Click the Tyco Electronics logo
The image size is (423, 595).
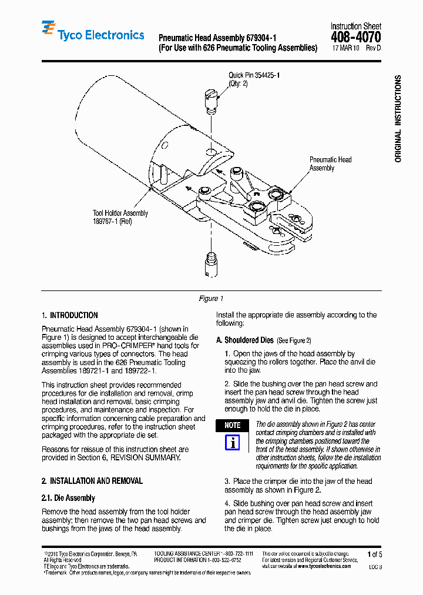(x=93, y=34)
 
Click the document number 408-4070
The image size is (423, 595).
(x=356, y=38)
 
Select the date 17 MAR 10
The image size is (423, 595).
(x=347, y=49)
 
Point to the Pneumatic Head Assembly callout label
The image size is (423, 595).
(x=330, y=163)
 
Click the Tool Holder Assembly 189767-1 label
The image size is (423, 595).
(x=120, y=218)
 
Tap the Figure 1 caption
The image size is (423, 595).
(x=211, y=299)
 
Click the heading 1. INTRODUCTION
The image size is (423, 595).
(x=70, y=315)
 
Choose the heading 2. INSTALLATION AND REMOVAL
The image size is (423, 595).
(x=92, y=481)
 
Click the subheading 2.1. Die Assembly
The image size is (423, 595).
(x=68, y=498)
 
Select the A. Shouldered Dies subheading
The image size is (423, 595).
(x=245, y=340)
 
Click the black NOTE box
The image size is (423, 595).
(x=232, y=425)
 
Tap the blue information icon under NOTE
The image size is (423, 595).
(x=232, y=442)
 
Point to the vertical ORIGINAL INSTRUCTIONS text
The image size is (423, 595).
(x=398, y=119)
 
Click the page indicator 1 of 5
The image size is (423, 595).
(x=374, y=554)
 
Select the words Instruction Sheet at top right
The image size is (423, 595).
(x=355, y=26)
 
